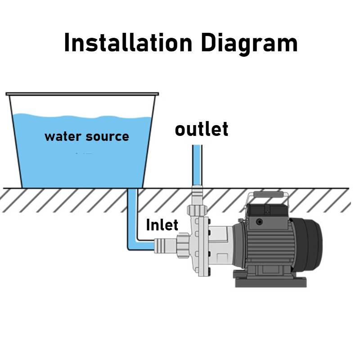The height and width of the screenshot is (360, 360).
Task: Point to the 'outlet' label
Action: (201, 129)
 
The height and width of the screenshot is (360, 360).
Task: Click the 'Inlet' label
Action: (162, 225)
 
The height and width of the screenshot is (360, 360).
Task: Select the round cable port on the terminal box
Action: (259, 222)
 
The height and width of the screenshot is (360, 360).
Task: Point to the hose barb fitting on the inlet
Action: (162, 245)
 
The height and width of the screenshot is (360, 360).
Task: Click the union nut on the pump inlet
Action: (184, 245)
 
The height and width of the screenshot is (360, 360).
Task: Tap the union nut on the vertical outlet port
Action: (197, 211)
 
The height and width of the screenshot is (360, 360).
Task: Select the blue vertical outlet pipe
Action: (197, 164)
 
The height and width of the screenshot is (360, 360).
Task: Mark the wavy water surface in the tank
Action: (81, 117)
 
